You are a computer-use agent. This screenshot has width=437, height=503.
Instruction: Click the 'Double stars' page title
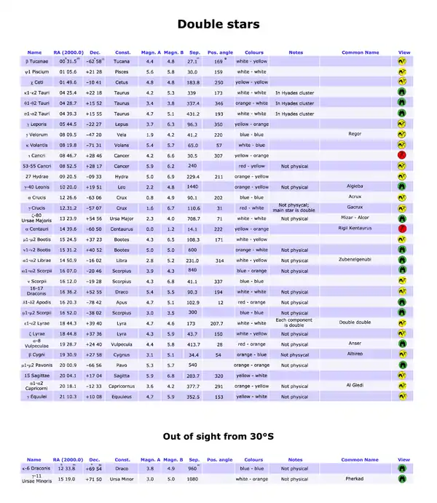[219, 25]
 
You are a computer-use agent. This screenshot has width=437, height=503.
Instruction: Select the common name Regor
[355, 135]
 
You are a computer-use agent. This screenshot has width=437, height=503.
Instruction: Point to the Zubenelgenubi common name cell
[355, 260]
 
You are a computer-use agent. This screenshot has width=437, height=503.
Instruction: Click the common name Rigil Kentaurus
[355, 229]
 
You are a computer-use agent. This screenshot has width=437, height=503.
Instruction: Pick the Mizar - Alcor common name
[355, 218]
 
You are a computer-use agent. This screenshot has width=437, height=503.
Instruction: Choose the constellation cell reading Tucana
[122, 62]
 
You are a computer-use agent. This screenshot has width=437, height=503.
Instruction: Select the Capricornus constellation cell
[122, 387]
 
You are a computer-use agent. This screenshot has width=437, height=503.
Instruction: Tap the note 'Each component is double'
[295, 322]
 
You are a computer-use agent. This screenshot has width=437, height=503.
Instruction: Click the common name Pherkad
[355, 479]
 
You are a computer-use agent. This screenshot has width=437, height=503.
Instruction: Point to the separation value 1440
[194, 187]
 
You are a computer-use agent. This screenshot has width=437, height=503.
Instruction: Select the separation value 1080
[194, 479]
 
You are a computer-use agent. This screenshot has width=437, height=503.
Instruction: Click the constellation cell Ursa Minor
[122, 479]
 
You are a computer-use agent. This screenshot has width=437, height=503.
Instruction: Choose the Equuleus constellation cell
[122, 397]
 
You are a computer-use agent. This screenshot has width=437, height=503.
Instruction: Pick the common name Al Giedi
[355, 384]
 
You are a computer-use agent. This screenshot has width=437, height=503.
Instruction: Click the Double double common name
[355, 322]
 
